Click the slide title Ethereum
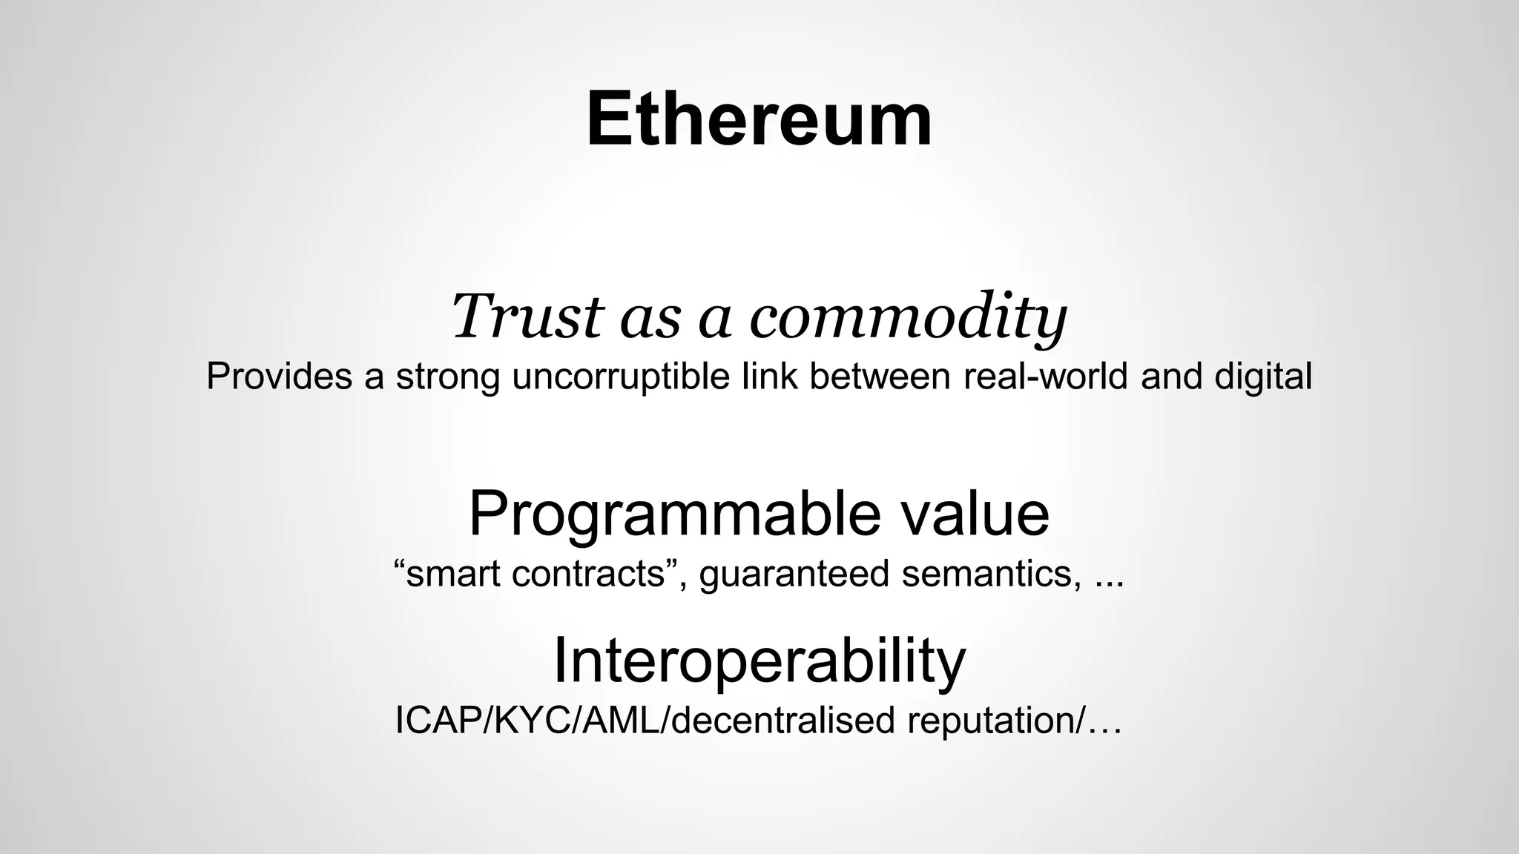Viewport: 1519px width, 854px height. pyautogui.click(x=759, y=120)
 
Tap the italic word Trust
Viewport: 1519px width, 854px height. pyautogui.click(x=527, y=317)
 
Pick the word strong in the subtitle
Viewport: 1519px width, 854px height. pyautogui.click(x=448, y=377)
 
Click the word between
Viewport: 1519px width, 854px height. pyautogui.click(x=880, y=376)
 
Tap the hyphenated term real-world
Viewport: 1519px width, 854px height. pyautogui.click(x=1046, y=376)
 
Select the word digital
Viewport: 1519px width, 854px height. pyautogui.click(x=1263, y=377)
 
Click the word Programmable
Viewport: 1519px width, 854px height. pyautogui.click(x=675, y=514)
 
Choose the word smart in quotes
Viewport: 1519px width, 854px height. pyautogui.click(x=453, y=574)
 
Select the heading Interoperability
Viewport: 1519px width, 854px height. pyautogui.click(x=759, y=661)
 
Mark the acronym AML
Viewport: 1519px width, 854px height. pyautogui.click(x=615, y=721)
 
